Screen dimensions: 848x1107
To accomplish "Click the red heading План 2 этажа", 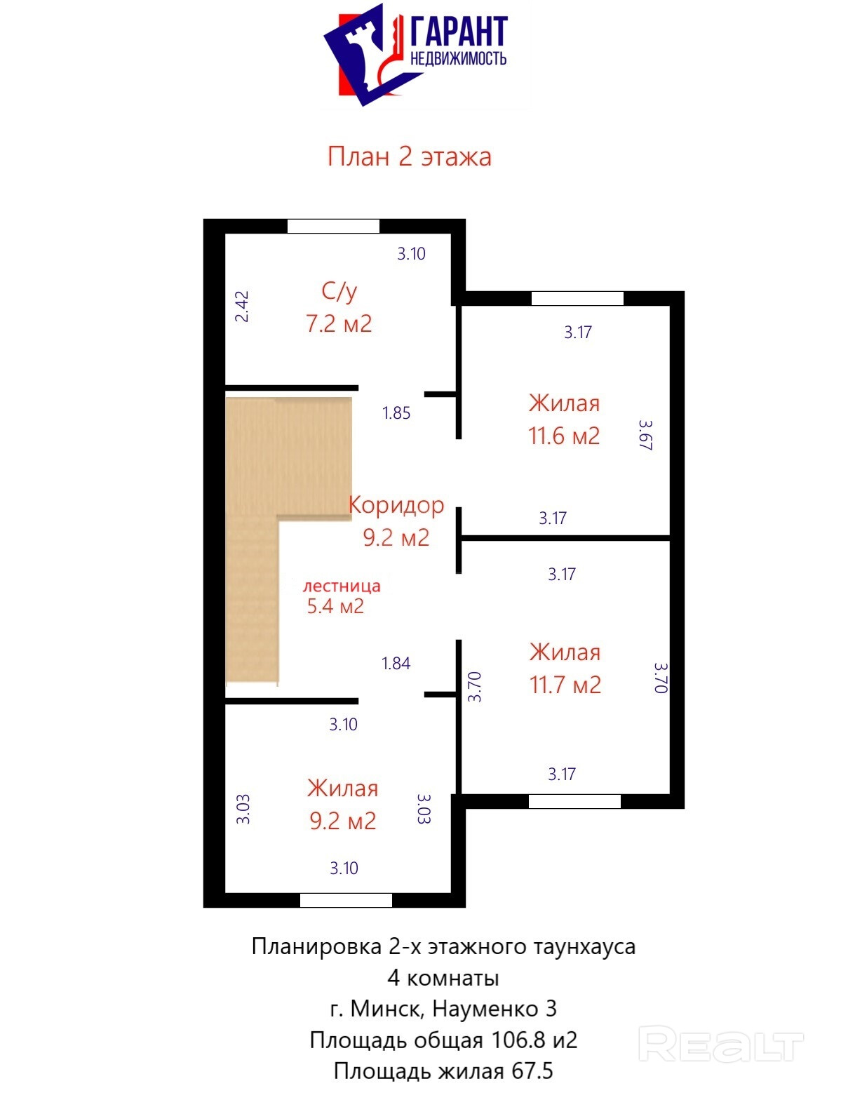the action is click(408, 156).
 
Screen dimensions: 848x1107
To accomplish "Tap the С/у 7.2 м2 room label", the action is click(338, 307).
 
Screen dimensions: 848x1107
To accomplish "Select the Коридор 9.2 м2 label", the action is click(396, 521).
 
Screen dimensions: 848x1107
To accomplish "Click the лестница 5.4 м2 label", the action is click(342, 596).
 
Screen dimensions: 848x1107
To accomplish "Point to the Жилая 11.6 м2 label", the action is click(564, 420).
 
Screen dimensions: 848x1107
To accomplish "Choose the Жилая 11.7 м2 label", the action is click(565, 669).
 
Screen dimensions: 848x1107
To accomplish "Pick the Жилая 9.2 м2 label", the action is click(342, 805).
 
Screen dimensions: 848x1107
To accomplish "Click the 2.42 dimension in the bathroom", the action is click(242, 306).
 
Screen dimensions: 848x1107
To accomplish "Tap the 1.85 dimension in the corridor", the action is click(396, 412).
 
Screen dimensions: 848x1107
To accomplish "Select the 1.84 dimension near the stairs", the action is click(396, 663).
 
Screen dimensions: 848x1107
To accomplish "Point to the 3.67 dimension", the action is click(645, 434).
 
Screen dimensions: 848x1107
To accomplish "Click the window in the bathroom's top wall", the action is click(333, 226).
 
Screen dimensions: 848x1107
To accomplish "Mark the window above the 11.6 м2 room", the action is click(577, 299).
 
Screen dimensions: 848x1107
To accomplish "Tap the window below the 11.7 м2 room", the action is click(574, 801).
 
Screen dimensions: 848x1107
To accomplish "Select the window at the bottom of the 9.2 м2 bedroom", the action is click(346, 900).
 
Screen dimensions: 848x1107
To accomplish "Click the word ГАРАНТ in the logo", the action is click(459, 32).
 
